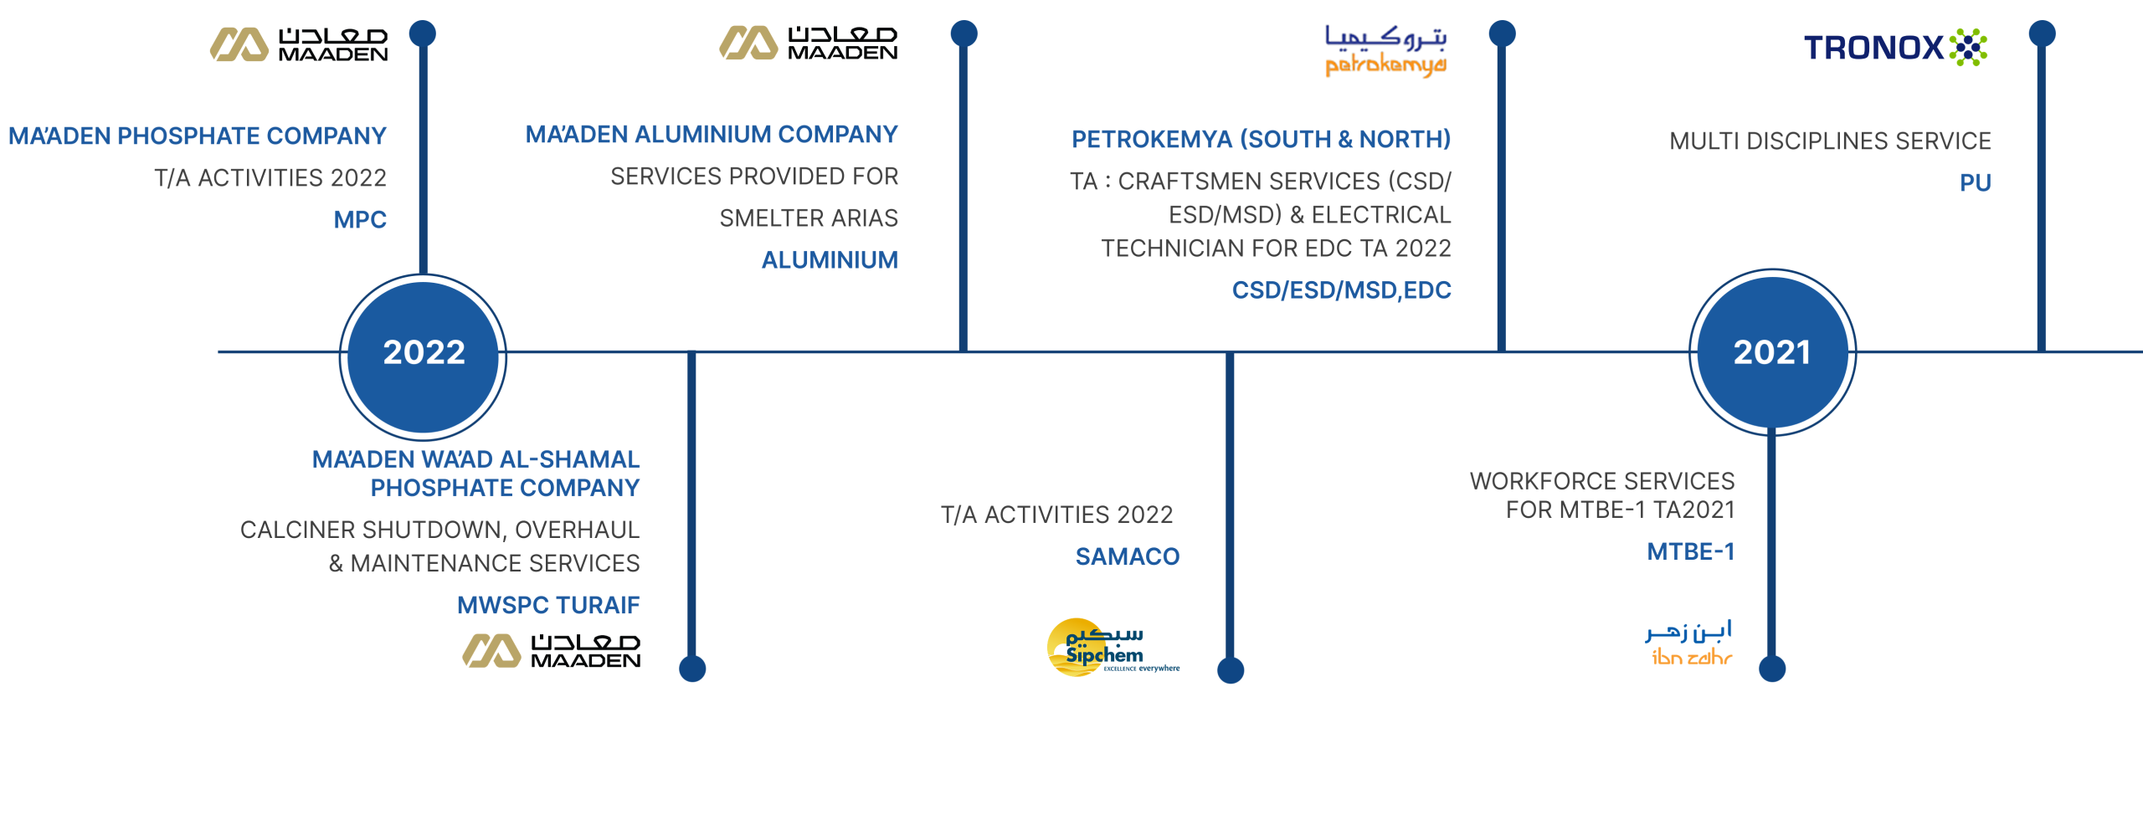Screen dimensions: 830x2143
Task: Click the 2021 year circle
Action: pyautogui.click(x=1772, y=352)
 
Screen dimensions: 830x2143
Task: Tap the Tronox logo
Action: pyautogui.click(x=1895, y=47)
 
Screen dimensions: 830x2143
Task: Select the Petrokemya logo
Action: pyautogui.click(x=1385, y=51)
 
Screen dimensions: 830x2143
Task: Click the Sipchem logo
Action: pyautogui.click(x=1111, y=648)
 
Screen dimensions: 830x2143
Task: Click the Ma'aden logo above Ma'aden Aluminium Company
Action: pyautogui.click(x=808, y=44)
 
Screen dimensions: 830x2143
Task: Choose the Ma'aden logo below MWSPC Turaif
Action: pyautogui.click(x=550, y=651)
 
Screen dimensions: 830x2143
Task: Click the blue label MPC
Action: pyautogui.click(x=360, y=220)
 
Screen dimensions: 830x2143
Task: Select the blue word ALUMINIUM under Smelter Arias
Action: pyautogui.click(x=829, y=260)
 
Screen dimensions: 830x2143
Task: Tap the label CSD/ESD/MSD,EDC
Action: pyautogui.click(x=1341, y=290)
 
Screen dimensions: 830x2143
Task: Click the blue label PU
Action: pyautogui.click(x=1975, y=183)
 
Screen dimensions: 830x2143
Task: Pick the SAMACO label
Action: pyautogui.click(x=1127, y=556)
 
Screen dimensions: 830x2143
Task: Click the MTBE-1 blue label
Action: pyautogui.click(x=1690, y=552)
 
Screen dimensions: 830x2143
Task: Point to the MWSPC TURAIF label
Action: pyautogui.click(x=548, y=605)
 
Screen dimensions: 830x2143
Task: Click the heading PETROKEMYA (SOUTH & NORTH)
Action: pyautogui.click(x=1261, y=140)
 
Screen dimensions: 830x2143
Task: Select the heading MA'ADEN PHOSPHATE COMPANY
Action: pyautogui.click(x=198, y=136)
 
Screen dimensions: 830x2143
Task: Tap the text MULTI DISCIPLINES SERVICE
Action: pyautogui.click(x=1830, y=141)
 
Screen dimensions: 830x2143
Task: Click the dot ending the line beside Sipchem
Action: pyautogui.click(x=1230, y=670)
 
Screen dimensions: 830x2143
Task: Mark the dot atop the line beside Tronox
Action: pyautogui.click(x=2042, y=34)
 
